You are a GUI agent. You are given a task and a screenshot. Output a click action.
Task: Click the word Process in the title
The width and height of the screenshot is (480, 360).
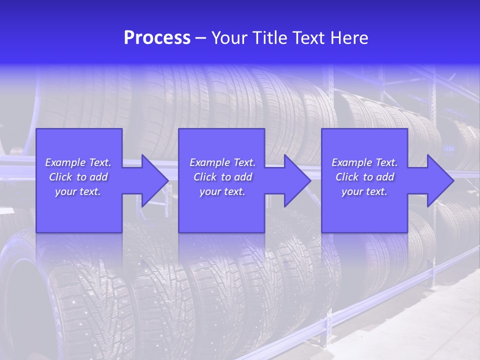157,38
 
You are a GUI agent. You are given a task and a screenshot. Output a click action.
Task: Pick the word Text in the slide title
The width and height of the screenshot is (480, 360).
309,38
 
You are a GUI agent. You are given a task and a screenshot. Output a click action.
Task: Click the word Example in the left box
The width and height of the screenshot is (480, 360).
65,162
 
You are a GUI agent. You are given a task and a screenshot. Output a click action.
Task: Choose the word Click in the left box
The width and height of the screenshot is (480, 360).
61,177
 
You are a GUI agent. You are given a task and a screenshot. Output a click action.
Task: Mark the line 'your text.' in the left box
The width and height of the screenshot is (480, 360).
78,191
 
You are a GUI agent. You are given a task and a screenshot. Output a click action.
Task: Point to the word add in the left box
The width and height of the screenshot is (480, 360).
98,177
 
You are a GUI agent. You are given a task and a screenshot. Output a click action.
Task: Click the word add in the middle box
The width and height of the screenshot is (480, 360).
243,177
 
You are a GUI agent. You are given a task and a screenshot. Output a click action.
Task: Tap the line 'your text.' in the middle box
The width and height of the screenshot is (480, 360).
222,191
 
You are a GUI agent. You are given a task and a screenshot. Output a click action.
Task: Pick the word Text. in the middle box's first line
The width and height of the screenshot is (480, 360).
243,162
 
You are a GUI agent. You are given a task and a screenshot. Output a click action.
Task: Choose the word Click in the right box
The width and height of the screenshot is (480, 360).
347,177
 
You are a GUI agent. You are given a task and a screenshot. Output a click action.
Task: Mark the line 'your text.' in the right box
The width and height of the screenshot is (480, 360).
364,191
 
